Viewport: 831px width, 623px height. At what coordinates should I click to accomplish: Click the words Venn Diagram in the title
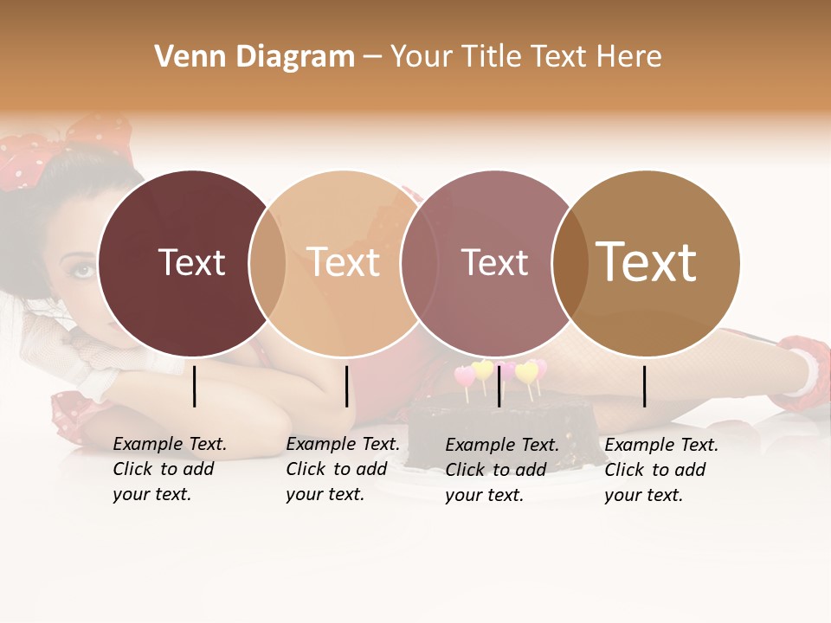[x=254, y=57]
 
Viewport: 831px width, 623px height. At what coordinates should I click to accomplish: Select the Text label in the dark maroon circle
[x=191, y=263]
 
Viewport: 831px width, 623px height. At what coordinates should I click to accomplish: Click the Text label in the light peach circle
[x=344, y=263]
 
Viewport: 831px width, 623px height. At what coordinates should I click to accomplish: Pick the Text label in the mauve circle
[x=494, y=263]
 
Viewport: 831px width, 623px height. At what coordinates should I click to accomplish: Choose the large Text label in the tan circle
[x=646, y=262]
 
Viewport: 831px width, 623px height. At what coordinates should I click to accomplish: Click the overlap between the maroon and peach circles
[x=267, y=263]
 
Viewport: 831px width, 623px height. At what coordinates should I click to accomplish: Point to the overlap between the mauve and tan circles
[x=570, y=263]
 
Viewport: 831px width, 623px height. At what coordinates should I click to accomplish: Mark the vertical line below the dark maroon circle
[x=195, y=386]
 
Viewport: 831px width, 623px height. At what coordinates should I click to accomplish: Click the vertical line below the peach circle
[x=346, y=386]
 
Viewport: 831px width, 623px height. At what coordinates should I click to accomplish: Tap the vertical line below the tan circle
[x=645, y=386]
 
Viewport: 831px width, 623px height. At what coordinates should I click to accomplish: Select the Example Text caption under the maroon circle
[x=169, y=469]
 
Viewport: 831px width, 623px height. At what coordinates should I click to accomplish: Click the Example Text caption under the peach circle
[x=342, y=469]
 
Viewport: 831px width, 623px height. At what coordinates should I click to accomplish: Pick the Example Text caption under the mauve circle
[x=501, y=470]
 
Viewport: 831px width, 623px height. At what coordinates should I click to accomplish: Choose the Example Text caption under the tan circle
[x=660, y=470]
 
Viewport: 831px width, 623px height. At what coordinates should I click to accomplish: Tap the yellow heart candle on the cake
[x=483, y=370]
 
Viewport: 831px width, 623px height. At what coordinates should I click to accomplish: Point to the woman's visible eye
[x=82, y=270]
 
